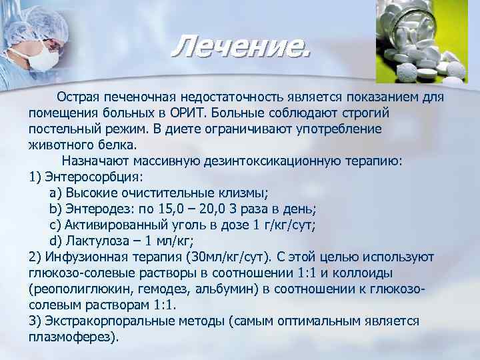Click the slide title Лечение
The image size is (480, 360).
click(x=240, y=47)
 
